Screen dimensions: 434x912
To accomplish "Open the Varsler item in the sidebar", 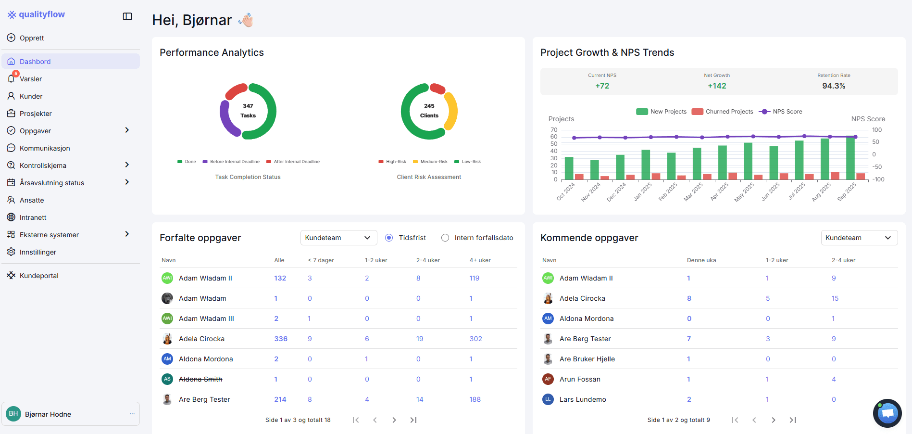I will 31,79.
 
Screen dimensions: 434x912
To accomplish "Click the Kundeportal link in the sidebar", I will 39,276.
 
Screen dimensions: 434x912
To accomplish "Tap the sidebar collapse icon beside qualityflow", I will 127,16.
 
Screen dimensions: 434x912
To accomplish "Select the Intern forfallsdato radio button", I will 445,238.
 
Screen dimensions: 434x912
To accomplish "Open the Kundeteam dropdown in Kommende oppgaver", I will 859,238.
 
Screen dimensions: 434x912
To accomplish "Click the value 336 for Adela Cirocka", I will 281,339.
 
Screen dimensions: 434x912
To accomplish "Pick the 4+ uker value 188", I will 475,399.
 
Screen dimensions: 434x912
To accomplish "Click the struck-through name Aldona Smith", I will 200,379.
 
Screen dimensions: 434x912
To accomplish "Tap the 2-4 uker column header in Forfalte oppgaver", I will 428,260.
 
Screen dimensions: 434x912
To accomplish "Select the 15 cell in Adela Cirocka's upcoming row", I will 835,298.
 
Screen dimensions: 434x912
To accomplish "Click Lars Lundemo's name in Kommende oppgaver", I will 583,399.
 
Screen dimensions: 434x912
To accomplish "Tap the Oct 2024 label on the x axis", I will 566,191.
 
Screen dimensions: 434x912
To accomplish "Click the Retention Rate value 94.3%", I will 834,86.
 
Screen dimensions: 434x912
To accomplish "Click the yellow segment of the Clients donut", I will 452,111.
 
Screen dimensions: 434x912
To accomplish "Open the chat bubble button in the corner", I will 887,413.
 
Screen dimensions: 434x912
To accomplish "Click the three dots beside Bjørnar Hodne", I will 132,414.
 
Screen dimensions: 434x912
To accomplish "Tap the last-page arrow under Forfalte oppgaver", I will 413,420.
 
